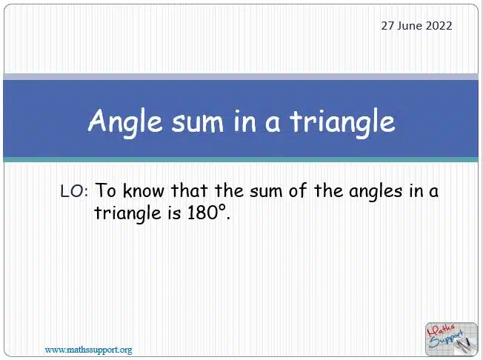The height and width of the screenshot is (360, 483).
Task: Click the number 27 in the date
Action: (x=387, y=26)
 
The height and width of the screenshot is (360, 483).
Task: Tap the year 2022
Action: (x=439, y=26)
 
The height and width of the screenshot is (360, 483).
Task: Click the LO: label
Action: (x=74, y=191)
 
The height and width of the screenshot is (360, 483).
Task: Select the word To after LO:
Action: (x=106, y=190)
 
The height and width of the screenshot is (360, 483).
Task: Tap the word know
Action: (x=144, y=190)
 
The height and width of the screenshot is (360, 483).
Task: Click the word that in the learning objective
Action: (x=189, y=190)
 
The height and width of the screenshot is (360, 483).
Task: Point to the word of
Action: (x=298, y=190)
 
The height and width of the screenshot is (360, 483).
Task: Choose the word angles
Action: (x=376, y=192)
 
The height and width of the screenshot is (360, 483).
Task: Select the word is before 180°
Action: (x=174, y=213)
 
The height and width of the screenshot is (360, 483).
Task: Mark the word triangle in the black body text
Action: (x=127, y=214)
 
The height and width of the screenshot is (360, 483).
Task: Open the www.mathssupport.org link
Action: (x=88, y=350)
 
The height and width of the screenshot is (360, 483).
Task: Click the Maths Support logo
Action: (x=451, y=339)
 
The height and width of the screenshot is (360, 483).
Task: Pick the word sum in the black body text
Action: (x=266, y=191)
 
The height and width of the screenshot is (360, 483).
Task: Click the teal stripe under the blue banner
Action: (x=241, y=159)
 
